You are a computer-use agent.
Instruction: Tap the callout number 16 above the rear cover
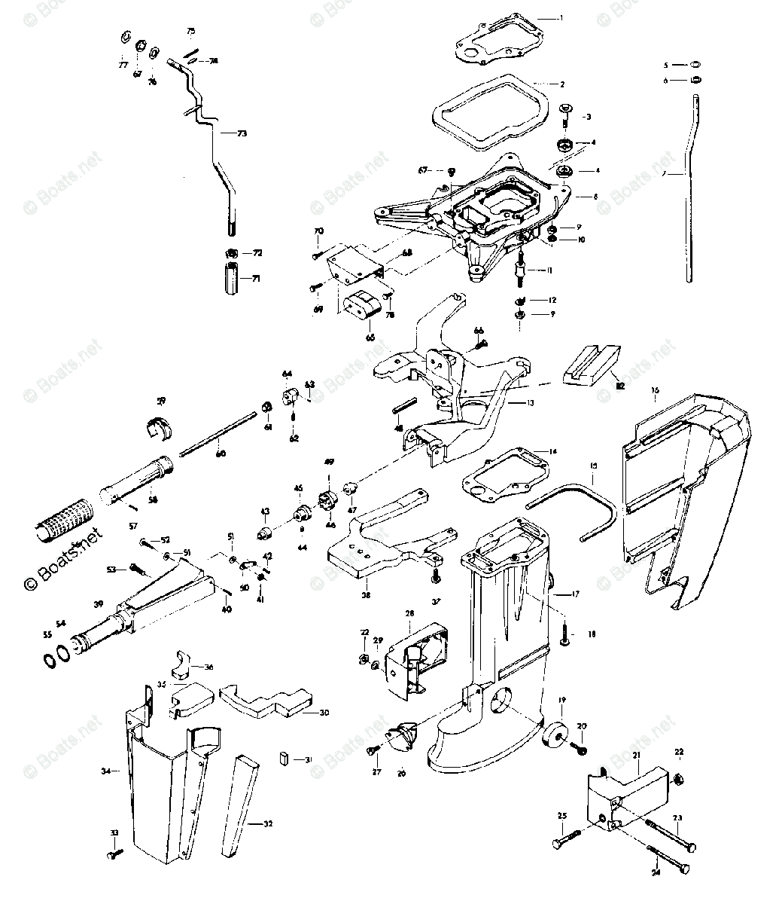pos(655,390)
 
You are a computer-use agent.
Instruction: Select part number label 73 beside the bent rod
pos(241,133)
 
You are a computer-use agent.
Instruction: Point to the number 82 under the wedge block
pos(619,385)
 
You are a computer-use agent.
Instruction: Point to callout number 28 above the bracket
pos(409,614)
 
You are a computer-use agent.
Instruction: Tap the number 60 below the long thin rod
pos(220,453)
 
